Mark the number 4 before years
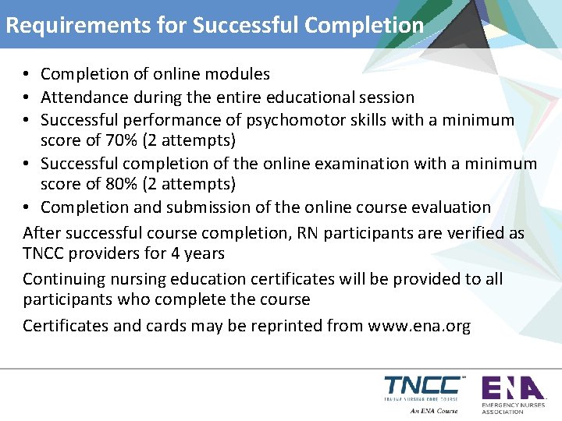(187, 254)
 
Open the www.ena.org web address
(419, 326)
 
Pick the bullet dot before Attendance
(27, 97)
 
